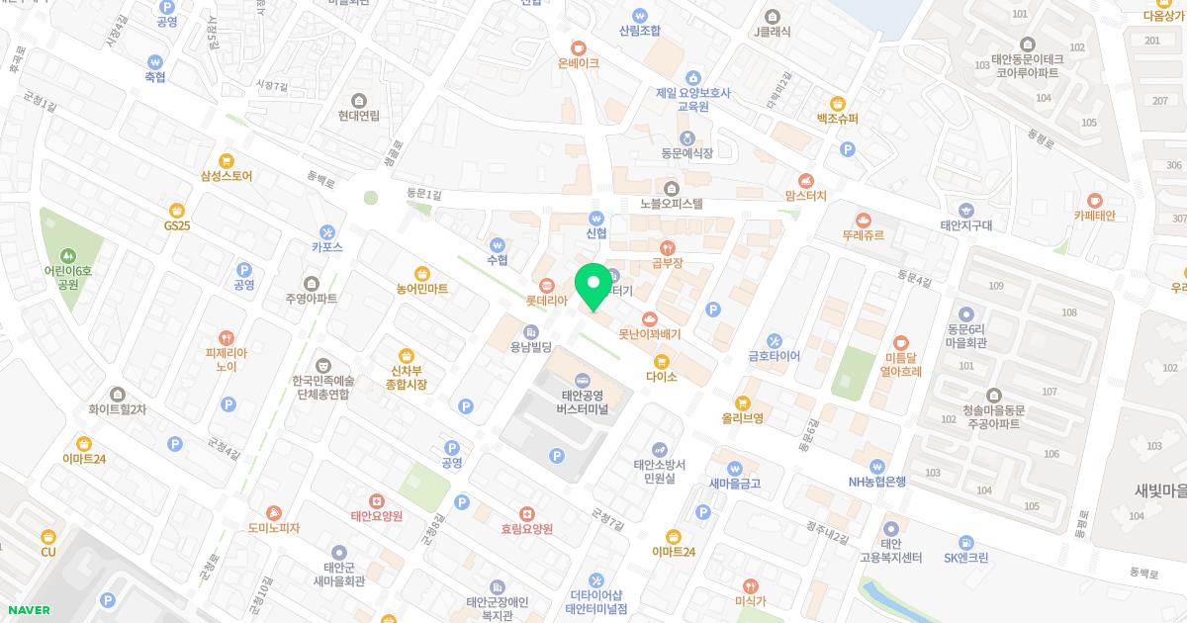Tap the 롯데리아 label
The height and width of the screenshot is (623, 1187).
tap(546, 300)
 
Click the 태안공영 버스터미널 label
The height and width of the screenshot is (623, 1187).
tap(582, 401)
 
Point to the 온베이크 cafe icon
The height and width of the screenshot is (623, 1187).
tap(579, 46)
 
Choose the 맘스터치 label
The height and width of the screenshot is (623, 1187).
tap(805, 197)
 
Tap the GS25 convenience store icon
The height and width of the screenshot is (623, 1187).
tap(177, 209)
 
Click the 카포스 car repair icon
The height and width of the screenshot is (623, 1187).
tap(327, 231)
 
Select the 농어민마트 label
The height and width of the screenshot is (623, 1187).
tap(422, 289)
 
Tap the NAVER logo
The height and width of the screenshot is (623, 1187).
tap(27, 610)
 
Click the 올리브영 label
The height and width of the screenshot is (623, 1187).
tap(743, 418)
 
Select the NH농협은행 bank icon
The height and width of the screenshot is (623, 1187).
tap(876, 466)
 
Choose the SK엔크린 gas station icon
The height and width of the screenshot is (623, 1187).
tap(965, 541)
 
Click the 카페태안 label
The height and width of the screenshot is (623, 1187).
tap(1094, 216)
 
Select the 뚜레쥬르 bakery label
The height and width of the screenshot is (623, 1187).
tap(863, 235)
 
